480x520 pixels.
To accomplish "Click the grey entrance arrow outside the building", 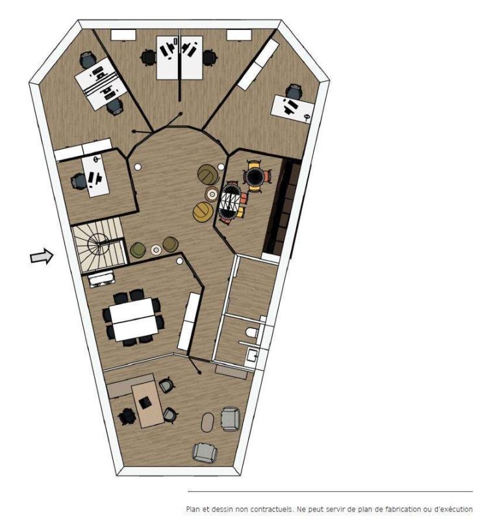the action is pos(42,257).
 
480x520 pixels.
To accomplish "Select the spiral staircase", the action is pos(99,244).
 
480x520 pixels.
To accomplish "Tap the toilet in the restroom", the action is pos(252,332).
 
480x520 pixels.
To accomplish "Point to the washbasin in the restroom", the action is pos(251,355).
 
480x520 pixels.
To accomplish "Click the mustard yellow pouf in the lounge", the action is pos(203,212).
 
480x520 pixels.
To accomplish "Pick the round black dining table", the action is pos(255,175).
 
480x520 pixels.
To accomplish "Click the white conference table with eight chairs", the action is pos(133,319).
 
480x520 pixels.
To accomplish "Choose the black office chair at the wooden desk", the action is pos(127,416).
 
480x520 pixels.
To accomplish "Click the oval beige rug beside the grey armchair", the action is pos(207,422).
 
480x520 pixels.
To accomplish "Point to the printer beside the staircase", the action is pos(101,279).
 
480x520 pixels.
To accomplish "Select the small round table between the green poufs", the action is pos(156,250).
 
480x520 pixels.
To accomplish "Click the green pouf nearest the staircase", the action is pos(138,250).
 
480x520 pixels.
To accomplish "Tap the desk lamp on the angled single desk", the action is pos(308,116).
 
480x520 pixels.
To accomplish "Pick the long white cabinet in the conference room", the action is pos(188,321).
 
